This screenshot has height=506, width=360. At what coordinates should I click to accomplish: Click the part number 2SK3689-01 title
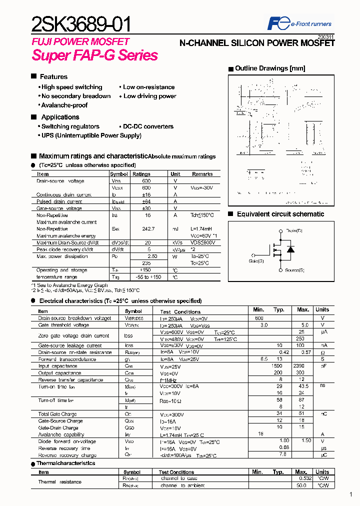tap(82, 23)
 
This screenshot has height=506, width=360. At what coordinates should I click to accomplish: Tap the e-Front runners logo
tap(299, 23)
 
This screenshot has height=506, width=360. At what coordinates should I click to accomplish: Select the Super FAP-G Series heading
tap(94, 55)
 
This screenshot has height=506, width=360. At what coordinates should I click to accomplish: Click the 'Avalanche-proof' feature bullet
tap(64, 105)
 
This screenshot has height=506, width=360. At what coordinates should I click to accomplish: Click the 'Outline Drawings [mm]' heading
tap(269, 68)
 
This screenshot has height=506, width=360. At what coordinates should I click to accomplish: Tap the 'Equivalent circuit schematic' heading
tap(280, 214)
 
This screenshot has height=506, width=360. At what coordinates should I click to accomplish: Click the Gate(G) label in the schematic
tap(256, 260)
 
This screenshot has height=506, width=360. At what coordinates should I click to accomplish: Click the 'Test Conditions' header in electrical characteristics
tap(180, 311)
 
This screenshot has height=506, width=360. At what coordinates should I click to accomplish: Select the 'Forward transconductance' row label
tap(67, 359)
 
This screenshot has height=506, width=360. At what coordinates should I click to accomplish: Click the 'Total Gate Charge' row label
tap(57, 414)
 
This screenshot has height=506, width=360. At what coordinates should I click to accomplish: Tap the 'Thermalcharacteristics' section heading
tap(65, 463)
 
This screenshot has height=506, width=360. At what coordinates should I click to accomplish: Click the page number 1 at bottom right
tap(351, 494)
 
